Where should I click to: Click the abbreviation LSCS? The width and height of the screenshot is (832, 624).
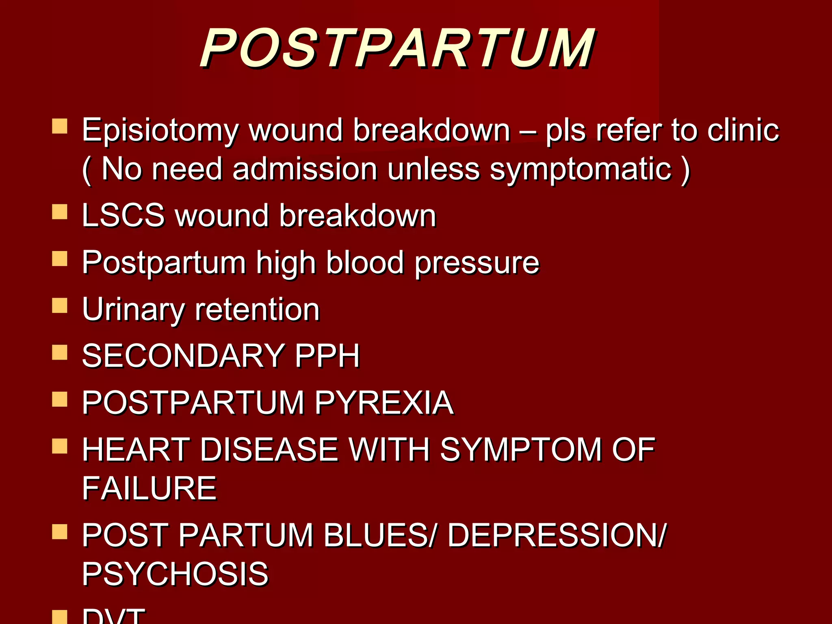click(x=123, y=215)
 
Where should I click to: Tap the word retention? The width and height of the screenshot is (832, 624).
click(x=257, y=310)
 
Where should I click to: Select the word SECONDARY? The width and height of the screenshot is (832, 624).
click(x=183, y=356)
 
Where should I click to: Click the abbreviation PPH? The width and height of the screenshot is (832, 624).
click(x=327, y=356)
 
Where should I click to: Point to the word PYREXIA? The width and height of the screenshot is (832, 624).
click(x=384, y=403)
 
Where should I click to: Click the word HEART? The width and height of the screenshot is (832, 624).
click(x=136, y=450)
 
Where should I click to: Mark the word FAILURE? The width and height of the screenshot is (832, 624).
click(x=149, y=488)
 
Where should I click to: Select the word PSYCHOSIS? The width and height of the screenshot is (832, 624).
click(x=175, y=574)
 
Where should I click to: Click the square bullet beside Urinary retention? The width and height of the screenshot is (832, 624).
click(x=60, y=306)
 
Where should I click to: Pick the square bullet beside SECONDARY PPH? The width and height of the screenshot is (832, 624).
click(x=60, y=353)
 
